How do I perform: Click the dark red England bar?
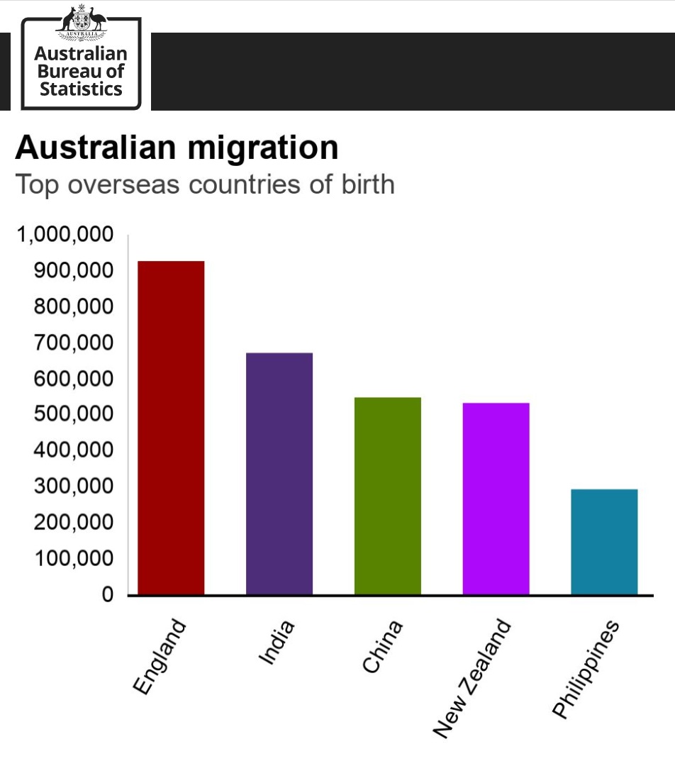pos(171,428)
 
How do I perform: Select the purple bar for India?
pos(279,473)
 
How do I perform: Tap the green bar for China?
pos(388,496)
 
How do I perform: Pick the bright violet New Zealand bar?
pos(496,499)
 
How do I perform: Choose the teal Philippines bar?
pos(604,542)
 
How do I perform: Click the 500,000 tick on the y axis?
pos(74,415)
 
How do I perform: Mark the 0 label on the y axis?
pos(108,595)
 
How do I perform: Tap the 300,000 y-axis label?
pos(74,487)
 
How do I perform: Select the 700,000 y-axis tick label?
pos(74,343)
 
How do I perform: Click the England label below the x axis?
pos(160,657)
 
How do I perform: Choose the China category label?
pos(383,646)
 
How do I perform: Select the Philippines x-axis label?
pos(586,670)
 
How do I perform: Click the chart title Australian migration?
pos(177,148)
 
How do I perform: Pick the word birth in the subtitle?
pos(365,184)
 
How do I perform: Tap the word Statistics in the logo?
pos(81,89)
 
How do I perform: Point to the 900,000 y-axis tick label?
pos(74,272)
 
